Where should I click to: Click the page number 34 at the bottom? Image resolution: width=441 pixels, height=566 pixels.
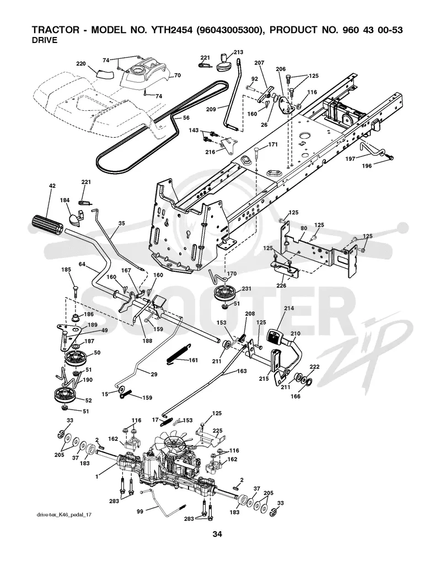pos(217,534)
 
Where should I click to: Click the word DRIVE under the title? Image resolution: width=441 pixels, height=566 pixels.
pos(45,40)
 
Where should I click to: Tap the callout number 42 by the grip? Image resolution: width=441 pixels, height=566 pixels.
pos(52,186)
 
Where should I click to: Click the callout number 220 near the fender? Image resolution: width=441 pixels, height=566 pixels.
pos(80,64)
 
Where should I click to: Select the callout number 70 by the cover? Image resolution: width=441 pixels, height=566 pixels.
pos(178,76)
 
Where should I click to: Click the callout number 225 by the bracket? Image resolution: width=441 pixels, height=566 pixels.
pos(217,430)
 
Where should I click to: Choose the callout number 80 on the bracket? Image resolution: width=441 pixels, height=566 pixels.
pos(304,228)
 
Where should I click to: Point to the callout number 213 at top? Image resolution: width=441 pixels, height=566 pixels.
pos(238,52)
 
